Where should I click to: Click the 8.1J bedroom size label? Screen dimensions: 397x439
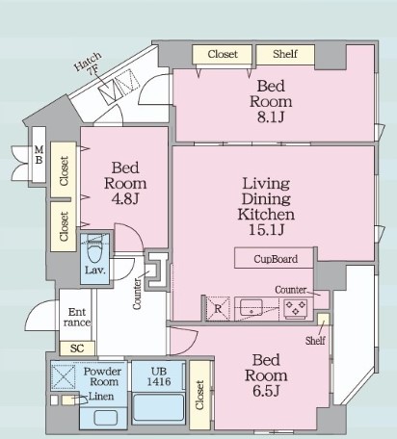(x=271, y=117)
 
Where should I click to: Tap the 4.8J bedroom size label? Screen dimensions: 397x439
(x=125, y=199)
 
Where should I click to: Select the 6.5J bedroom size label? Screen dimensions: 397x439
(x=266, y=391)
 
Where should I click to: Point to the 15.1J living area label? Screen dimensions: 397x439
(x=267, y=230)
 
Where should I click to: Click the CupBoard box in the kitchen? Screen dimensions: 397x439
(x=274, y=258)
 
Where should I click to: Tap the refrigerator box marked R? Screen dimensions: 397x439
(x=218, y=309)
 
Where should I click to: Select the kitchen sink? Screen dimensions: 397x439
(x=251, y=308)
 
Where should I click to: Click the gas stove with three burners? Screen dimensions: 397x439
(x=296, y=309)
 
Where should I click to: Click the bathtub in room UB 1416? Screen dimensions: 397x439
(x=159, y=407)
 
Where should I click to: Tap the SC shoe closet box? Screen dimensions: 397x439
(x=77, y=349)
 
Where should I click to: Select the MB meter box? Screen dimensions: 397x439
(x=39, y=155)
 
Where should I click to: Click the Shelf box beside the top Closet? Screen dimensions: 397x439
(x=285, y=54)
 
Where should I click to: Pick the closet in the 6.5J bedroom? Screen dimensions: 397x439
(x=199, y=395)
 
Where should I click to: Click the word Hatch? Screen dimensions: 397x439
(x=88, y=62)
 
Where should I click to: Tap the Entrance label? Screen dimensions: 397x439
(x=77, y=317)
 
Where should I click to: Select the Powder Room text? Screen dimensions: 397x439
(x=103, y=376)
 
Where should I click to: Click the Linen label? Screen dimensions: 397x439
(x=101, y=397)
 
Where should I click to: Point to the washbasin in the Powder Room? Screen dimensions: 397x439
(x=105, y=418)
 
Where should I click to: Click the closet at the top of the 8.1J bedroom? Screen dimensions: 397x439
(x=222, y=54)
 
